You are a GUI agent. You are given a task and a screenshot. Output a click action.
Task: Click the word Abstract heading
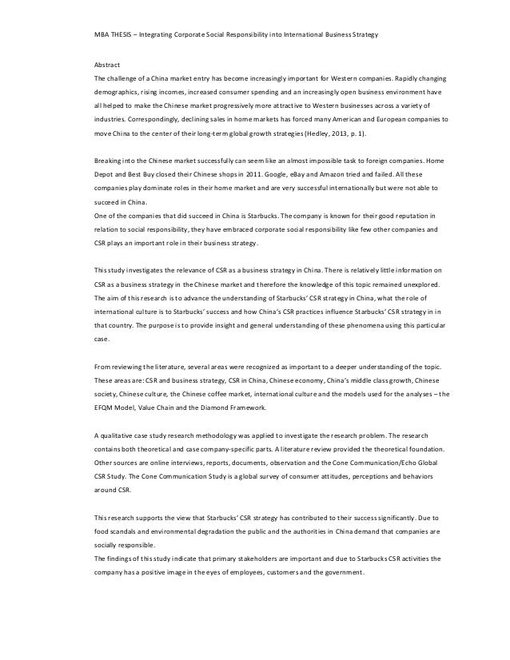click(107, 69)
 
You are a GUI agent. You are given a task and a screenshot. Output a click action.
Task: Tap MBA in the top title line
click(102, 37)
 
